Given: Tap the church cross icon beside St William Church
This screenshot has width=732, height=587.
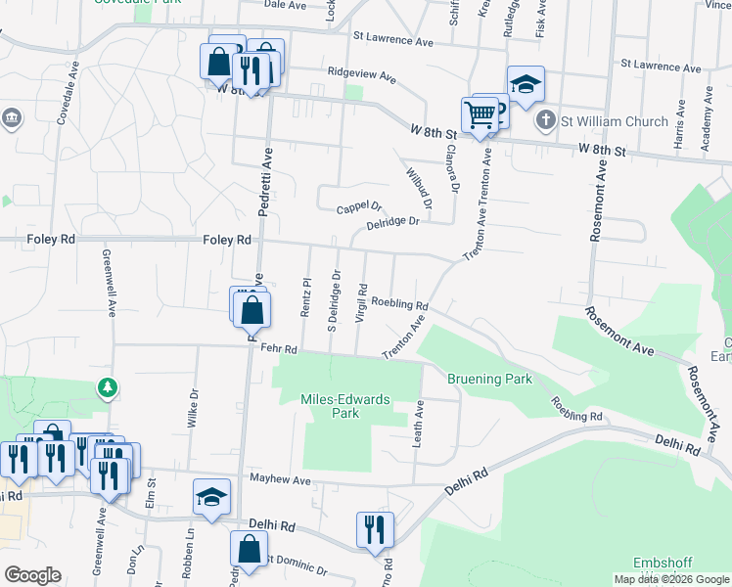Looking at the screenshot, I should point(545,121).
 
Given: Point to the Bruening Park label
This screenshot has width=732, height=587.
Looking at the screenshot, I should point(488,379).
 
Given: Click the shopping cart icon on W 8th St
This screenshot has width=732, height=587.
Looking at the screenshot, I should point(479,114).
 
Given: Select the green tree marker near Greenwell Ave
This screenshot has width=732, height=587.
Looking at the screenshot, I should point(108,388).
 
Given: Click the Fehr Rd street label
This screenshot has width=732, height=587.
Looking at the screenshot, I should point(278,348).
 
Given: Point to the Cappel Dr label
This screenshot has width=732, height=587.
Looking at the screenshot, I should point(358,207).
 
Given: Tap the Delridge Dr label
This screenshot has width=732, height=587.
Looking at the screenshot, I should point(392,223).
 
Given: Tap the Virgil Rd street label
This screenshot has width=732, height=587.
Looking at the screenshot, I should point(362,303).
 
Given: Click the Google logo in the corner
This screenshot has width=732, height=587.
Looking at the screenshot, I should point(32,575).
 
